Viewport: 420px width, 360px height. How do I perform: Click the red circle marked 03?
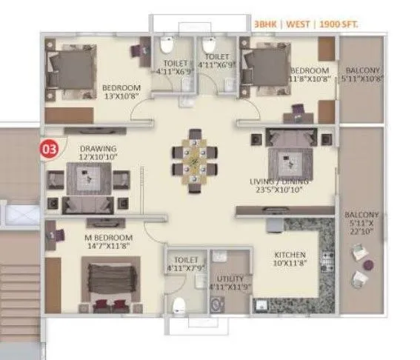(50, 147)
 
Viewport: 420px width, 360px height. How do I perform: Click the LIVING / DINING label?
(279, 180)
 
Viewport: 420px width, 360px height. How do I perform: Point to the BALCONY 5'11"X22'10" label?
(361, 220)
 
